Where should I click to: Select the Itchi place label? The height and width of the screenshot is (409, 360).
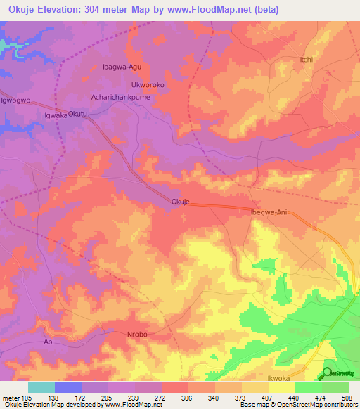pyautogui.click(x=306, y=60)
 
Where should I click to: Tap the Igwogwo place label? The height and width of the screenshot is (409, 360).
pyautogui.click(x=15, y=100)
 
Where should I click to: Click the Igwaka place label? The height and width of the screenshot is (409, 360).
pyautogui.click(x=56, y=115)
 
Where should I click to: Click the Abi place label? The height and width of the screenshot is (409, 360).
pyautogui.click(x=49, y=342)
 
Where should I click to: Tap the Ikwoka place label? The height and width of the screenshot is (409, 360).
pyautogui.click(x=279, y=379)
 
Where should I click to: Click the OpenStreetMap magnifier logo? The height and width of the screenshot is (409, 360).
pyautogui.click(x=328, y=372)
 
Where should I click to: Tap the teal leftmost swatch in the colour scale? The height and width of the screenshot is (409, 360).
pyautogui.click(x=41, y=387)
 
